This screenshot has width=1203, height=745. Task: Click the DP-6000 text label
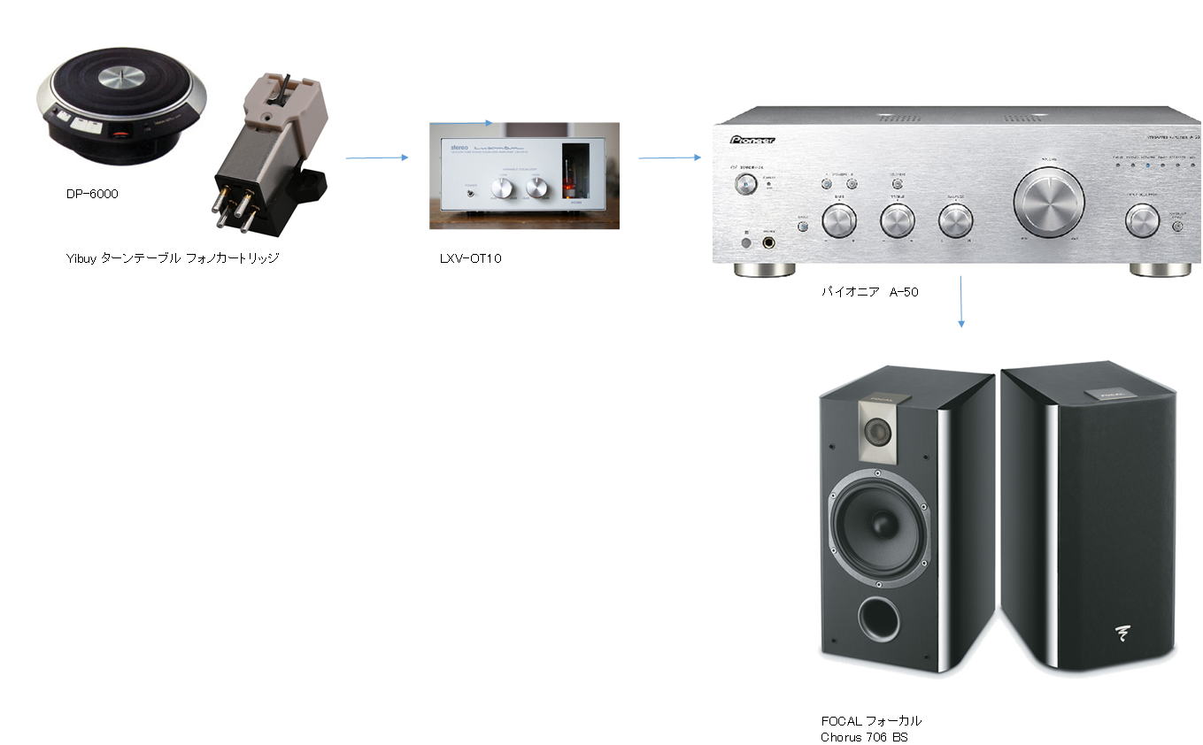[x=92, y=194]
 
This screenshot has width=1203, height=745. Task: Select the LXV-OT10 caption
[x=470, y=258]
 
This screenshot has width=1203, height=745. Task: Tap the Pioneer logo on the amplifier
[x=752, y=140]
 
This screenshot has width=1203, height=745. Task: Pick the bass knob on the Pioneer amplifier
[x=838, y=221]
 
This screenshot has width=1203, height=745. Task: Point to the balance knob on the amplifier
[x=955, y=221]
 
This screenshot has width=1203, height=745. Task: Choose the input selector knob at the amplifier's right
[x=1142, y=220]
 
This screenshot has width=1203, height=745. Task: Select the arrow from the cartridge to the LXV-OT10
[x=377, y=157]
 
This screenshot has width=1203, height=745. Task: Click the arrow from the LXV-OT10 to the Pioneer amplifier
[x=669, y=157]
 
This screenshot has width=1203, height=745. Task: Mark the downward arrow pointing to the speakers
[x=960, y=302]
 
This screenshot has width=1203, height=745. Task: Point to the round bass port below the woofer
[x=878, y=618]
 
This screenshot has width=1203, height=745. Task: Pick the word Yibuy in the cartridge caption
[x=81, y=258]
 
